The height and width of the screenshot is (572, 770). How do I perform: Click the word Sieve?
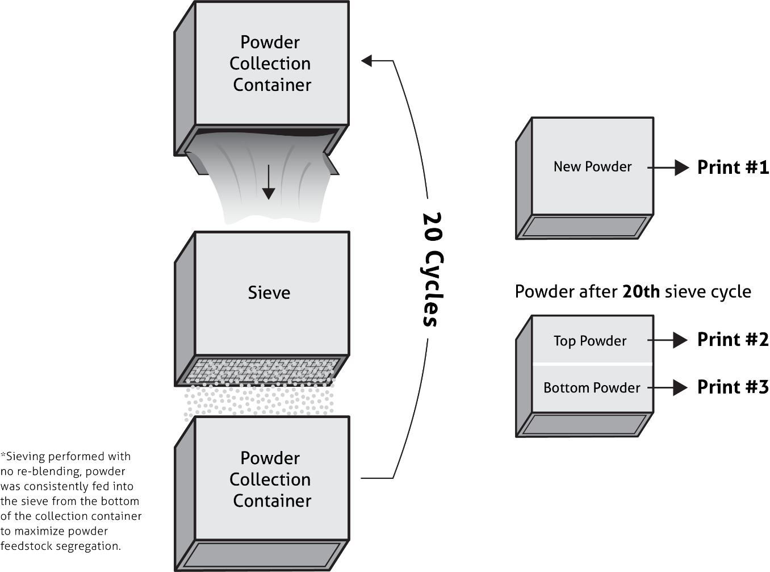point(269,293)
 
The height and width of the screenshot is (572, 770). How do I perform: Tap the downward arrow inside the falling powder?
point(269,182)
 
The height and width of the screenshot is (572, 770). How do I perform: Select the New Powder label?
point(592,166)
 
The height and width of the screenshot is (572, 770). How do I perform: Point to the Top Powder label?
point(590,341)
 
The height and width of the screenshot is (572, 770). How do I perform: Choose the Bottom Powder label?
point(592,388)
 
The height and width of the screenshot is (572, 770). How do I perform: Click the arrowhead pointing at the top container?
point(367,60)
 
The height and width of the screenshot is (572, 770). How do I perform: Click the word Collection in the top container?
point(270,64)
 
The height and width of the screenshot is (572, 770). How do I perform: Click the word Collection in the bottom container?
point(270,479)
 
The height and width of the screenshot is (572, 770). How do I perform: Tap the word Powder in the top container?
point(270,42)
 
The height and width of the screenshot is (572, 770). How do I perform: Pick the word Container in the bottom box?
point(272,501)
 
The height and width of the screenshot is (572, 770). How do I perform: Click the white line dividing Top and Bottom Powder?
point(592,364)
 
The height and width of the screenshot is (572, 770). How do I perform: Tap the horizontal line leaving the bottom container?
point(377,478)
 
